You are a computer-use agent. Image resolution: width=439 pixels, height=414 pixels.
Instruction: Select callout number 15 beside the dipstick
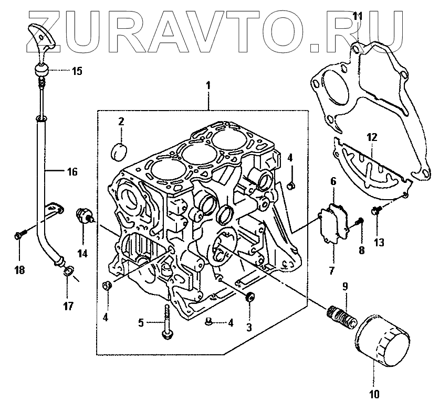[77, 71]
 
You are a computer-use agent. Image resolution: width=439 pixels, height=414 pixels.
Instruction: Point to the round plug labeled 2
[120, 150]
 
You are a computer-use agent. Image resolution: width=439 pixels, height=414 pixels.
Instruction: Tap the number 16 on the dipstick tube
[71, 171]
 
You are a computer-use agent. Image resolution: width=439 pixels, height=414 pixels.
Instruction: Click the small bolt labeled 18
[18, 236]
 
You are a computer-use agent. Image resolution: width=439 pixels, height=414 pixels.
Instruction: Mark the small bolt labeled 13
[376, 211]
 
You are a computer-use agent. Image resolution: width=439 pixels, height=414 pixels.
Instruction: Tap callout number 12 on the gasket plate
[372, 138]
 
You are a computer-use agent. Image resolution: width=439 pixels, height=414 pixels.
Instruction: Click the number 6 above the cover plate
[333, 181]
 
